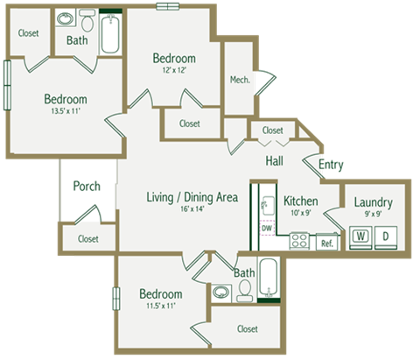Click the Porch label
(x=87, y=186)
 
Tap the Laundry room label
(x=373, y=203)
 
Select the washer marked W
(x=359, y=236)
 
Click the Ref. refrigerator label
(x=326, y=243)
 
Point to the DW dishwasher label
(x=267, y=229)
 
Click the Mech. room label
(x=241, y=80)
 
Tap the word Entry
(x=331, y=164)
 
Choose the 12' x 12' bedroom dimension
(x=173, y=72)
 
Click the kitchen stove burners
(x=298, y=239)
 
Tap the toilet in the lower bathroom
(x=244, y=291)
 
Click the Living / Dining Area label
(x=192, y=198)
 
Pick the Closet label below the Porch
(x=87, y=238)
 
